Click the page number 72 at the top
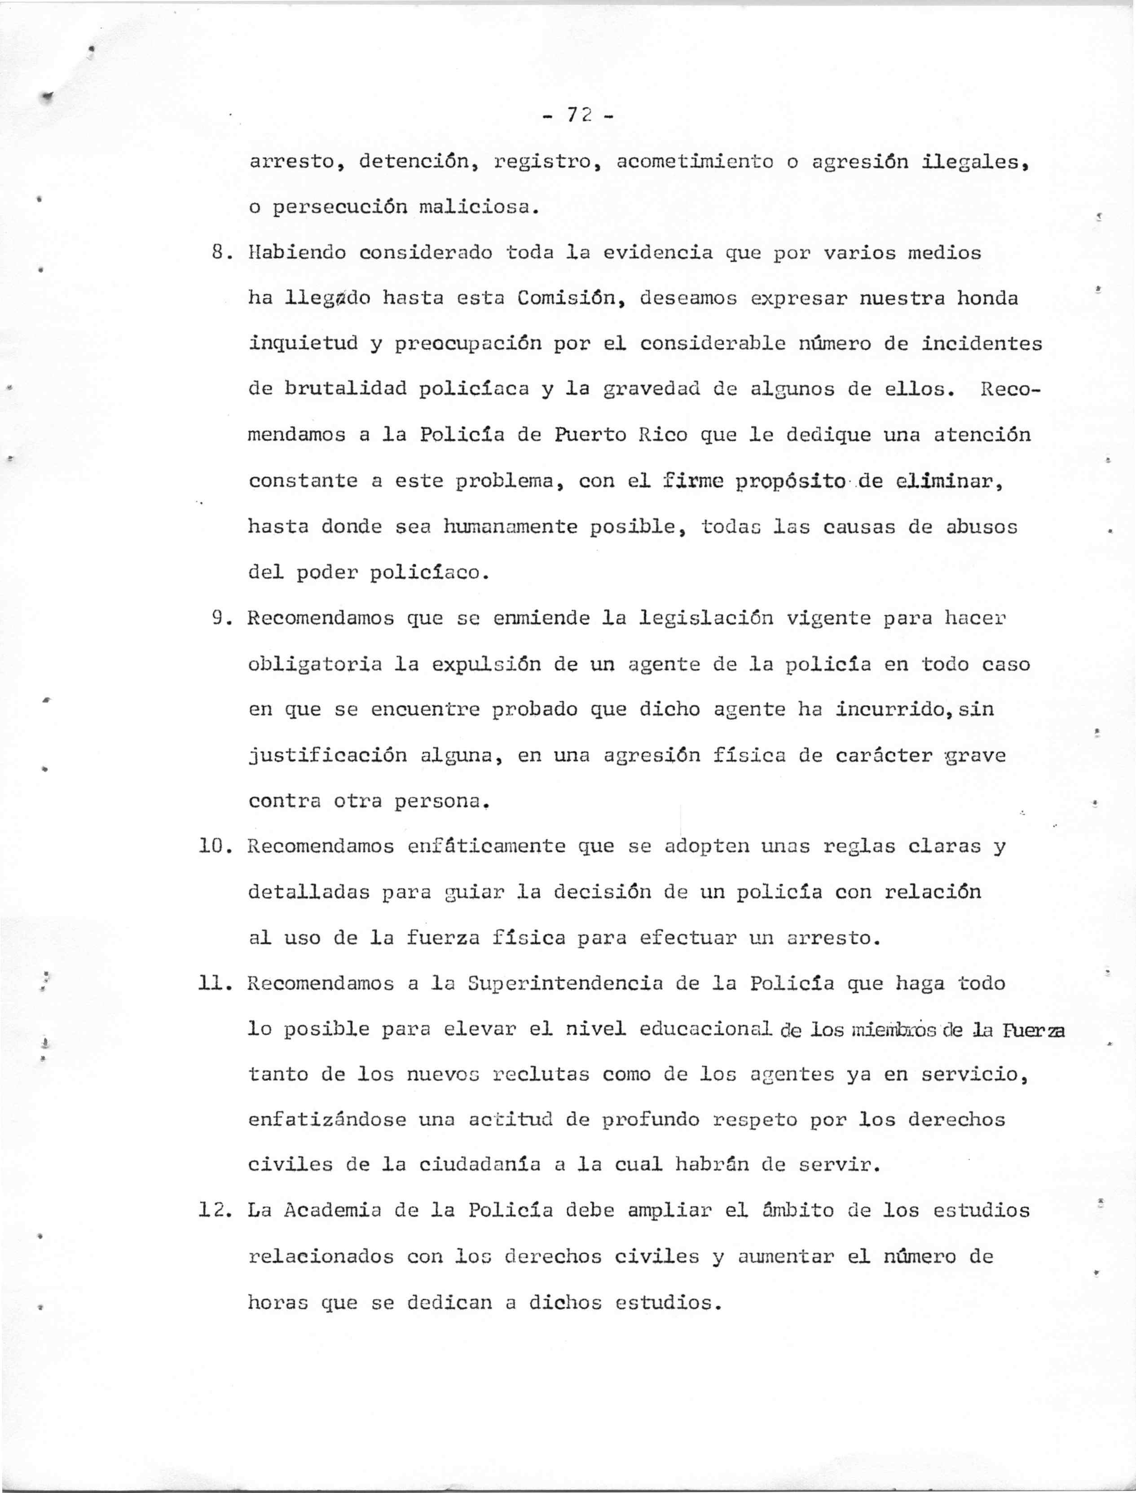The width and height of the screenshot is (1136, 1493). click(x=579, y=116)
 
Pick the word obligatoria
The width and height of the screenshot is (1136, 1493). click(x=314, y=664)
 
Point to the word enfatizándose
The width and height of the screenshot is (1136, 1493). click(x=327, y=1120)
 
